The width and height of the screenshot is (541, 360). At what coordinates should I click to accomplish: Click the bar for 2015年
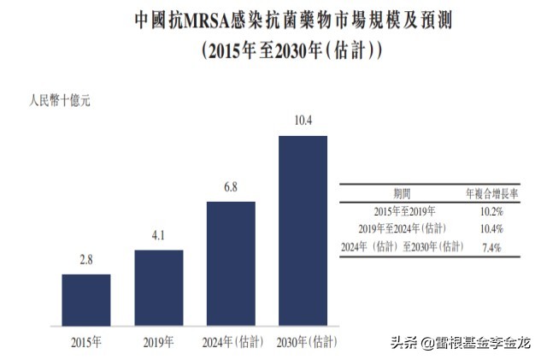pyautogui.click(x=86, y=299)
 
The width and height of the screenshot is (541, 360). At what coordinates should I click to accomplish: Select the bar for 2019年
pyautogui.click(x=158, y=287)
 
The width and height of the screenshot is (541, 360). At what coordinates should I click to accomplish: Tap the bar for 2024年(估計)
pyautogui.click(x=231, y=263)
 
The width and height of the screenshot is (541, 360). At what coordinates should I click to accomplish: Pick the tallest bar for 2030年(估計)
pyautogui.click(x=303, y=230)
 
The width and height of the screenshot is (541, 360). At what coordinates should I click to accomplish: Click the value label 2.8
pyautogui.click(x=86, y=260)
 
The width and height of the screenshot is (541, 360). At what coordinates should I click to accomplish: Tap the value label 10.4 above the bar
pyautogui.click(x=303, y=121)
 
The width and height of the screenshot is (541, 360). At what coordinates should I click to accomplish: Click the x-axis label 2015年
pyautogui.click(x=86, y=344)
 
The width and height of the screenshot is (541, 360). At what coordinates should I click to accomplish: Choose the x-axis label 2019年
pyautogui.click(x=158, y=344)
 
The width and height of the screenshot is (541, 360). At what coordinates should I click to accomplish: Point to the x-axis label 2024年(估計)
pyautogui.click(x=231, y=344)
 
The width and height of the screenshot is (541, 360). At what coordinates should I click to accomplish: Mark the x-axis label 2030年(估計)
pyautogui.click(x=303, y=344)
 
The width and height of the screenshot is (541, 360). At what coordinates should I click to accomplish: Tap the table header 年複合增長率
pyautogui.click(x=491, y=193)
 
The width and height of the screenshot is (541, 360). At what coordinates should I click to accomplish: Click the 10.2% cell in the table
pyautogui.click(x=491, y=210)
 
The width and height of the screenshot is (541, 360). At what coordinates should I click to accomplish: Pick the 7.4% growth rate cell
pyautogui.click(x=491, y=248)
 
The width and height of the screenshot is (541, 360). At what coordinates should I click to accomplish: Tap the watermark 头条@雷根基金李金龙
pyautogui.click(x=461, y=343)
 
